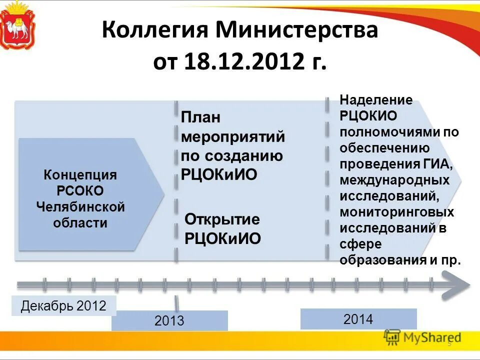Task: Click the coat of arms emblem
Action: (x=18, y=25)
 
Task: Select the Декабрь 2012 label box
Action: (x=63, y=305)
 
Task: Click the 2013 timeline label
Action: (x=169, y=320)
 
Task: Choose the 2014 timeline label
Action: (x=358, y=319)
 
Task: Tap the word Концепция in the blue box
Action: (x=80, y=175)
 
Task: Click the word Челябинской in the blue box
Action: (x=80, y=206)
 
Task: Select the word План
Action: (x=200, y=118)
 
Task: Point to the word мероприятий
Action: (x=232, y=137)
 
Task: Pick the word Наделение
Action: (x=376, y=100)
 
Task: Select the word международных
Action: (x=394, y=180)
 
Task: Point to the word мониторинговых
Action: (x=397, y=212)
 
